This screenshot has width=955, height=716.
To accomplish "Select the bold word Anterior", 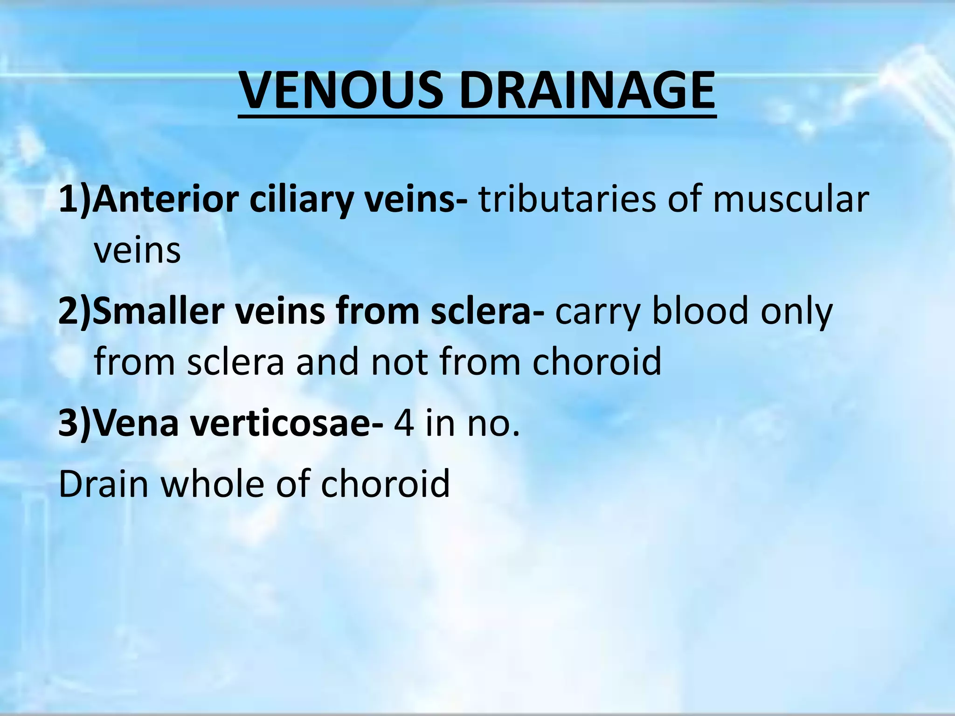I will coord(165,200).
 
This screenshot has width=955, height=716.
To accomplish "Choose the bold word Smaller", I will coord(158,311).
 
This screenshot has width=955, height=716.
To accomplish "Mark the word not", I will coord(399,362).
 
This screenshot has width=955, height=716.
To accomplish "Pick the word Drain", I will coord(103,483).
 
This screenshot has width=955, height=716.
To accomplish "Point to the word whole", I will coord(213,483).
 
